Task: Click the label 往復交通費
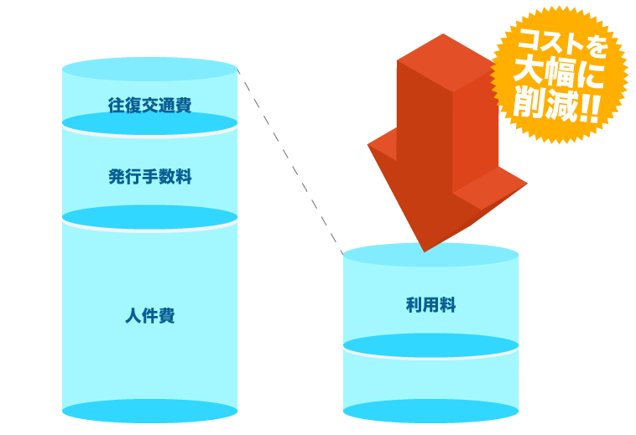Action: pyautogui.click(x=149, y=106)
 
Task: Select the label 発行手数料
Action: pyautogui.click(x=149, y=177)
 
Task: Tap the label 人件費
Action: pyautogui.click(x=149, y=316)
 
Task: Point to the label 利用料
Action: pyautogui.click(x=430, y=305)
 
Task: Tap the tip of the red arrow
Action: pyautogui.click(x=425, y=248)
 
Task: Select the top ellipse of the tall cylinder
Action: pyautogui.click(x=149, y=69)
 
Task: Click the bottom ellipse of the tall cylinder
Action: pyautogui.click(x=149, y=411)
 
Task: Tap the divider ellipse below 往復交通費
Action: pyautogui.click(x=149, y=123)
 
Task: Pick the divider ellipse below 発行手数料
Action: pyautogui.click(x=149, y=217)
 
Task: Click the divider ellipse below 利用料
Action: pyautogui.click(x=430, y=345)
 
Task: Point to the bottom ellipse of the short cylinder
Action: pyautogui.click(x=430, y=411)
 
